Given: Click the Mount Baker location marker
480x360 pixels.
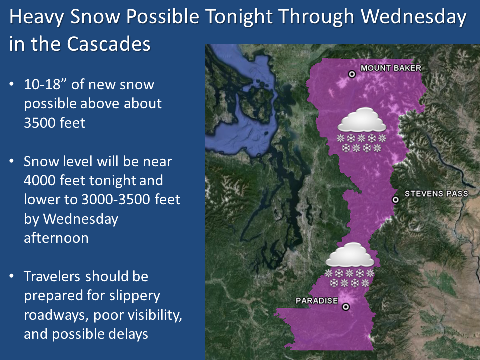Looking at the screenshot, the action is pos(352,74).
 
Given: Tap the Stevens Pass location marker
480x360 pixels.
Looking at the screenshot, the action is pos(395,200).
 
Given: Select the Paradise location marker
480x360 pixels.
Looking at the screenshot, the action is pos(346,307).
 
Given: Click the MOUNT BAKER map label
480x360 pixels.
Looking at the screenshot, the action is pos(391,68).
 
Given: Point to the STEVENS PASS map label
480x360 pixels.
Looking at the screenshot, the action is pos(436,194).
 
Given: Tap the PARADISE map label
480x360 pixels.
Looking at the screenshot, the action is pos(317,301).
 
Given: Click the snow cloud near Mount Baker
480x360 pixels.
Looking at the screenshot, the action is pos(362,130).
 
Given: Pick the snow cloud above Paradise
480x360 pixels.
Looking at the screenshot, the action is pos(350,265).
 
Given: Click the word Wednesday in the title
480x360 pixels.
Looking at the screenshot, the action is pos(414,17).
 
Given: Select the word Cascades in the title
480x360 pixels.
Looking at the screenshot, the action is pos(108,44).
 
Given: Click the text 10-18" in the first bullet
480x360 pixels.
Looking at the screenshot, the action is pos(45,84).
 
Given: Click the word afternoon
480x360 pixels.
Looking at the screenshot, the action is pos(56,238).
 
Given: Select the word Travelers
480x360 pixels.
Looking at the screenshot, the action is pos(52,276).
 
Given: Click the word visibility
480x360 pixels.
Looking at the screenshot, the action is pos(155,315).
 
